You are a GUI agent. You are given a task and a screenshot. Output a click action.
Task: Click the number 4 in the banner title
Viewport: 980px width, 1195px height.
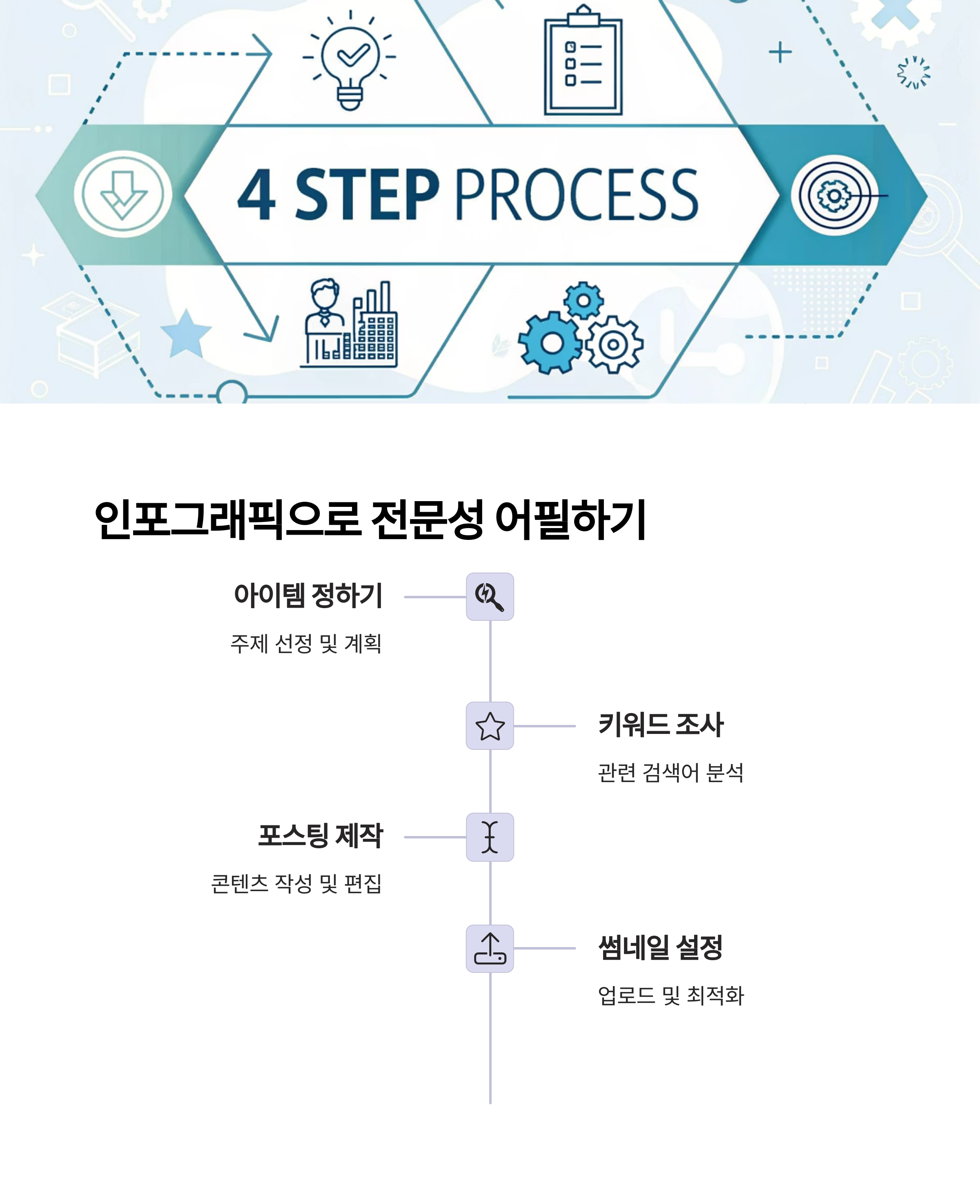(x=257, y=195)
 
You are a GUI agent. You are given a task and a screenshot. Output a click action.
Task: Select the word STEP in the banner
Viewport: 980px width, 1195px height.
(x=367, y=195)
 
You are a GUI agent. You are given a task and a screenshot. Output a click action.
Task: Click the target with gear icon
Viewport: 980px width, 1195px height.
(x=834, y=195)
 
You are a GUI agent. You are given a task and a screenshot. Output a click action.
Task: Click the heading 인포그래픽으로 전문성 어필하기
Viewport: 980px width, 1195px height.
(x=370, y=519)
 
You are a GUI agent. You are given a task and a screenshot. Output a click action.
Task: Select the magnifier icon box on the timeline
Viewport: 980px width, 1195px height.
(x=490, y=597)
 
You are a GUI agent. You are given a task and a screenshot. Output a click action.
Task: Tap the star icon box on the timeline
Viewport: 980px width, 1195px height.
(x=490, y=726)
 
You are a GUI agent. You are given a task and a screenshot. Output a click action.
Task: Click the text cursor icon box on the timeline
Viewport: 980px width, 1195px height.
(x=490, y=837)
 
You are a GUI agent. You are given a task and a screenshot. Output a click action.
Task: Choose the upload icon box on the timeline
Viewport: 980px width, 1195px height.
(x=490, y=948)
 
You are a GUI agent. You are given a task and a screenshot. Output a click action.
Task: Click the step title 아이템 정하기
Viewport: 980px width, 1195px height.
(x=308, y=595)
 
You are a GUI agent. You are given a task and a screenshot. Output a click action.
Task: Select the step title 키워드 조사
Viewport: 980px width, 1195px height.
(x=661, y=725)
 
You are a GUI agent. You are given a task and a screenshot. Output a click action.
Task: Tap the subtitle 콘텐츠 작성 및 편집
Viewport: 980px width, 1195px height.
(x=296, y=884)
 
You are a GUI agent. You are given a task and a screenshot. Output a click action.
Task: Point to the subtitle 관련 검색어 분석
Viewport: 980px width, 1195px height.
(x=670, y=773)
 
